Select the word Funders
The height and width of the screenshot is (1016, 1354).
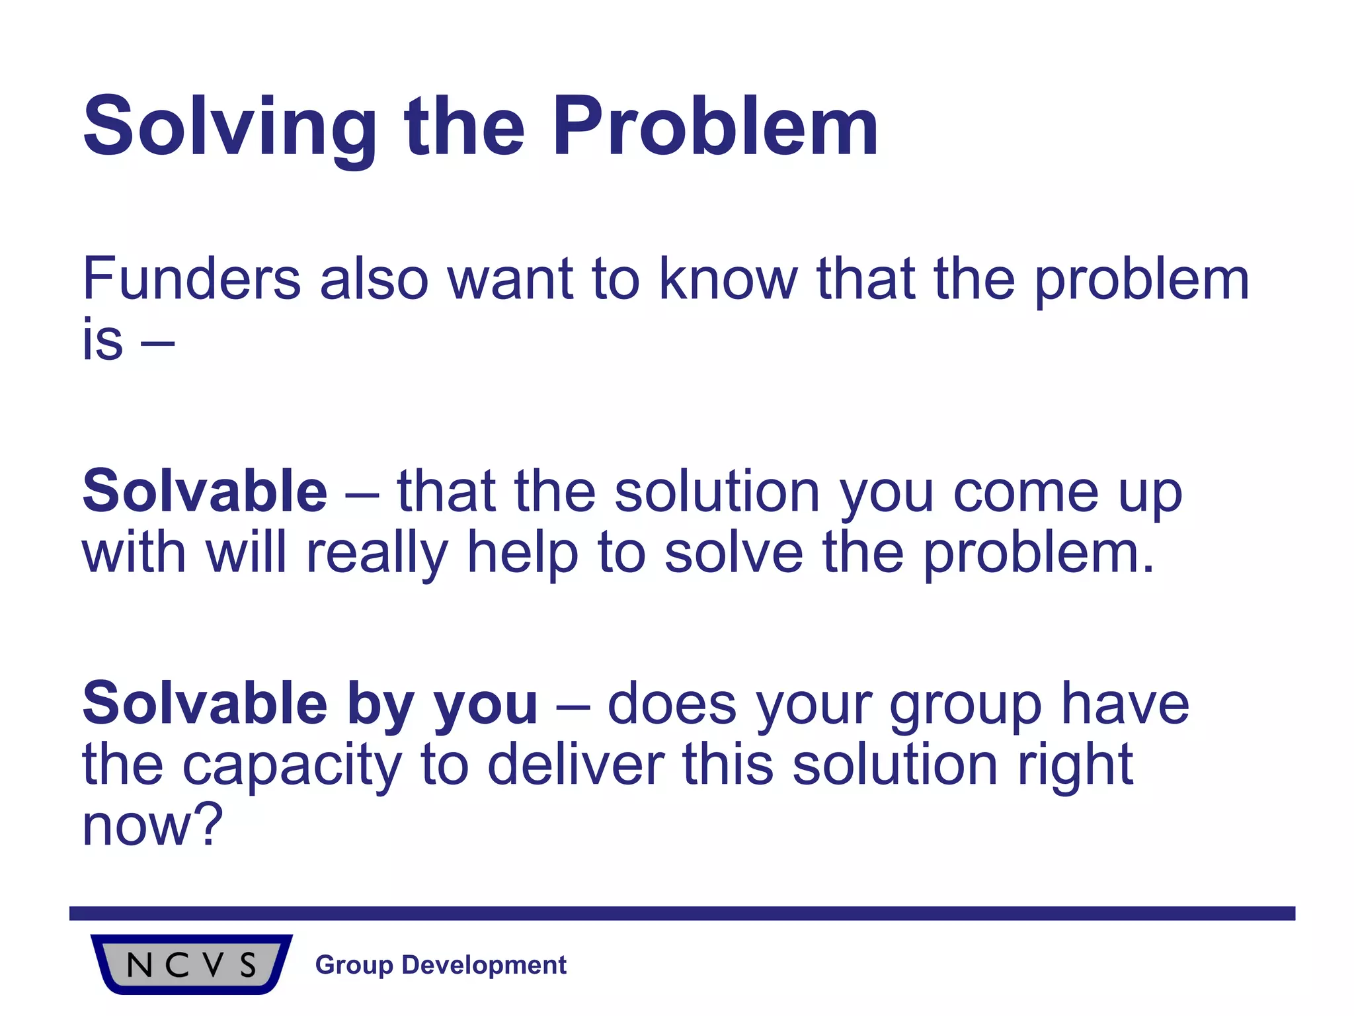coord(192,279)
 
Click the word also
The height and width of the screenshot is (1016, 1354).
coord(374,279)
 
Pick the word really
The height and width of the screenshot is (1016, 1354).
coord(377,554)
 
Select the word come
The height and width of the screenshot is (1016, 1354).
coord(1025,493)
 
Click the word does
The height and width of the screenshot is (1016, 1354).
coord(672,704)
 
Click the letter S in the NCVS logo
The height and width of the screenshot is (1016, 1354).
coord(248,966)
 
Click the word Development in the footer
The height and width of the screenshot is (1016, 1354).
coord(484,965)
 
